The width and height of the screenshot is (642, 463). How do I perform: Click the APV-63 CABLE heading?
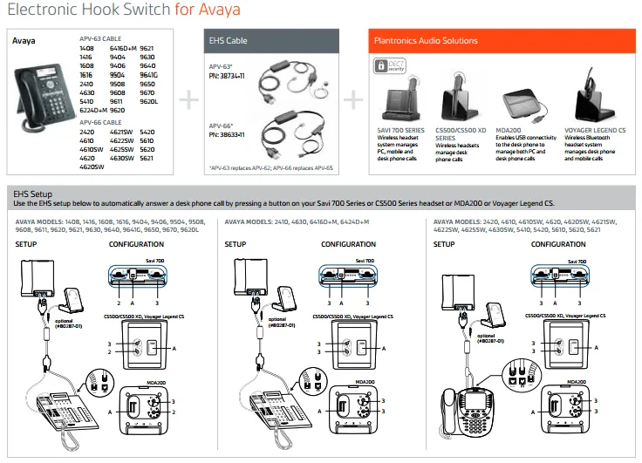(x=101, y=40)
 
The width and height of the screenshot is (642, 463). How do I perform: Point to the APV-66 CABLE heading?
(x=101, y=122)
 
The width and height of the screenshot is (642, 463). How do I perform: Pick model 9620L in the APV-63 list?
(x=148, y=102)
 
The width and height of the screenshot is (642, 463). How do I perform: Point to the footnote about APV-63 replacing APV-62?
(x=270, y=167)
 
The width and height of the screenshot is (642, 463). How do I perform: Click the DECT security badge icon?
(x=384, y=66)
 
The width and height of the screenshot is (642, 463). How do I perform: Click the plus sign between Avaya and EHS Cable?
(x=188, y=99)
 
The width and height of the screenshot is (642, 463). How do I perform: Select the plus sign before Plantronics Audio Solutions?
(x=352, y=99)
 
